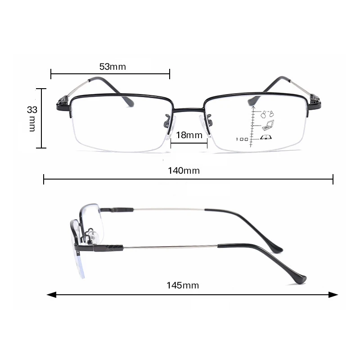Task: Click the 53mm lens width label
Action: (x=112, y=67)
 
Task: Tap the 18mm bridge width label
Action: (x=189, y=135)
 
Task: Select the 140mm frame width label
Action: (x=184, y=171)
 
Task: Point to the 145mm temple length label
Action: (x=183, y=285)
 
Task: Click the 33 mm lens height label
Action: (x=32, y=118)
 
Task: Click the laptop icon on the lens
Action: (x=268, y=125)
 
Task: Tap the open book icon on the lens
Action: (x=266, y=138)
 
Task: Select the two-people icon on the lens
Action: (x=267, y=114)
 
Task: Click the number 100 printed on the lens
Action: (x=242, y=139)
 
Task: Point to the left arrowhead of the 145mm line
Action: (x=51, y=295)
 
